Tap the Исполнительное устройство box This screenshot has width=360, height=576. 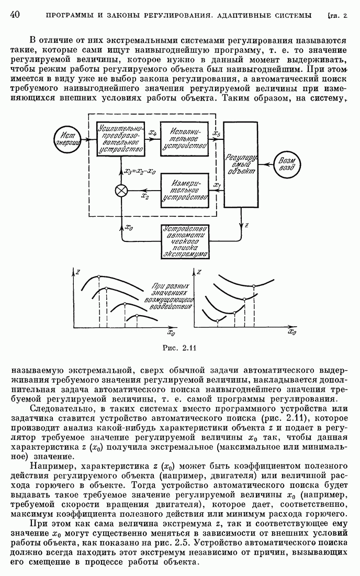pos(184,138)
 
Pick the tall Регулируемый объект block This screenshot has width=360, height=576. pos(241,164)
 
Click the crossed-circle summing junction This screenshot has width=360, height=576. pos(121,191)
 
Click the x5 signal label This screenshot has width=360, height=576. pos(216,133)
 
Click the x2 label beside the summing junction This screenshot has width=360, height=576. pos(145,196)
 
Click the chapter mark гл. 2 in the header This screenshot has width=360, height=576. pos(337,16)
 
